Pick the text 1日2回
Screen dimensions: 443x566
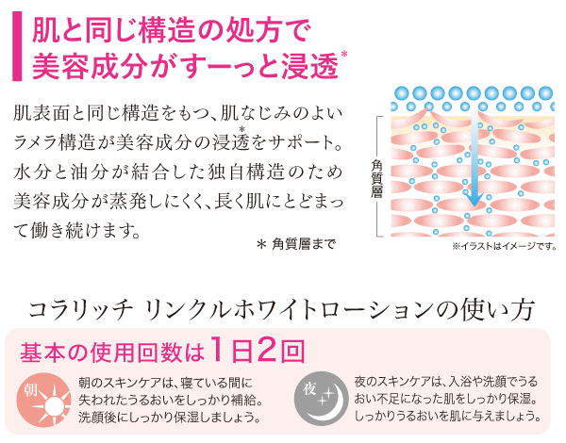coord(257,353)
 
